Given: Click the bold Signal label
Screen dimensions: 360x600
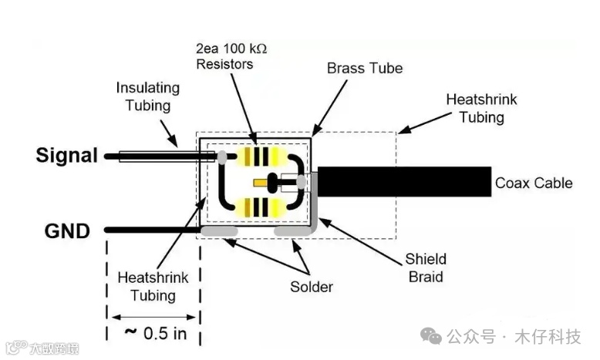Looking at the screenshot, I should [x=67, y=156].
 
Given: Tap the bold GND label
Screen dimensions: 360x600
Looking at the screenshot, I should [x=67, y=230].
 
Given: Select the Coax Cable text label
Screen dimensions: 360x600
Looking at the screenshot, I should [x=534, y=183].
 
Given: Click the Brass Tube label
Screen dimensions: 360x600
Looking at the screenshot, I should [x=365, y=69].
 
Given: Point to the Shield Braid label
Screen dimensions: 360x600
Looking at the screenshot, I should [x=426, y=267].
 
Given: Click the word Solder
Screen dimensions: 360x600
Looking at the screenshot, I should [x=312, y=287].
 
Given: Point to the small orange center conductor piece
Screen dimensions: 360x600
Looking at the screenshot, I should [x=271, y=183].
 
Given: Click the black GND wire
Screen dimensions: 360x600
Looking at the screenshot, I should [x=150, y=230].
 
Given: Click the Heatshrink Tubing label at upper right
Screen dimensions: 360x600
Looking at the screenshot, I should [x=482, y=109].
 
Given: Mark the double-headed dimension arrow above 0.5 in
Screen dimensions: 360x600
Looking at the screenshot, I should [x=154, y=316].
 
